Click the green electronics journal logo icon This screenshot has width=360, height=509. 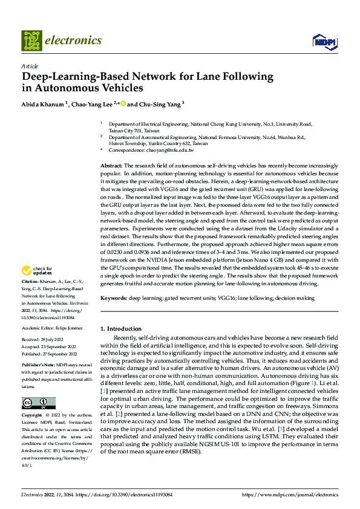click(x=31, y=41)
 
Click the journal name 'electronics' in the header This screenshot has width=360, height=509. click(x=73, y=41)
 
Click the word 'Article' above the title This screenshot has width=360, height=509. click(x=29, y=66)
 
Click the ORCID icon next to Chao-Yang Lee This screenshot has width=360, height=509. click(x=123, y=103)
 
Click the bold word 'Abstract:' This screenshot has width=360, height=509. click(x=111, y=166)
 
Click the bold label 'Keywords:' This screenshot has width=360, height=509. click(x=113, y=299)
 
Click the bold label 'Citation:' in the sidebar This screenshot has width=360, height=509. click(x=31, y=282)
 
